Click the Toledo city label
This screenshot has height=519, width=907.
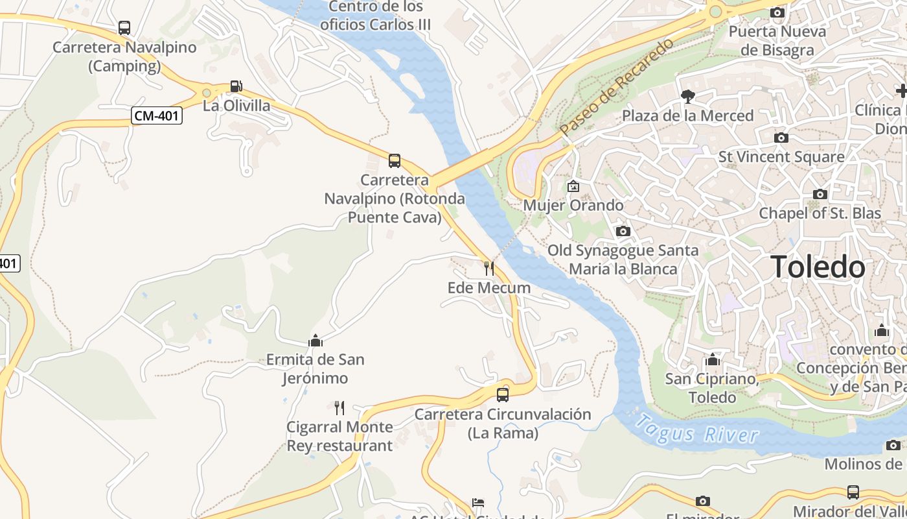coord(818,267)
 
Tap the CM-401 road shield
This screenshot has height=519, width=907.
coord(157,116)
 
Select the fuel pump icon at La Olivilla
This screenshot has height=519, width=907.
coord(236,86)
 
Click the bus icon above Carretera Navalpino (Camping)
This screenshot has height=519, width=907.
coord(124,28)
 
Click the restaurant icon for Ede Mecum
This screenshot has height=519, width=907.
coord(489,268)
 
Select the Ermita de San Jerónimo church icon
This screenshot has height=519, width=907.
coord(316,341)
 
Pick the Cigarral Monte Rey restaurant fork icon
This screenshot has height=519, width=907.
coord(339,408)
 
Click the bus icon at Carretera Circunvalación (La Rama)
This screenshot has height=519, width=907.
coord(503,394)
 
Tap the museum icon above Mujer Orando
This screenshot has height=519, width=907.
coord(573,186)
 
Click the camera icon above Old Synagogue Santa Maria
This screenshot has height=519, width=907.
coord(623,232)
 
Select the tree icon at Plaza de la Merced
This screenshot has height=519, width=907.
coord(687,97)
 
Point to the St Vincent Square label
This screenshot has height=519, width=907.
coord(781,157)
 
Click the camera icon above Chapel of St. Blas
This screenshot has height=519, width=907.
coord(820,194)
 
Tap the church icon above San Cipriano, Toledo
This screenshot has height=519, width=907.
coord(713,359)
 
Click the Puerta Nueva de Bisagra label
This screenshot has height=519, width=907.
coord(777,40)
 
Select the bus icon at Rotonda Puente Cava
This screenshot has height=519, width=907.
coord(394,161)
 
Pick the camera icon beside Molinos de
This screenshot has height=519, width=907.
coord(893,445)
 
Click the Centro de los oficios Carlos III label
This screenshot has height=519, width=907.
coord(376,16)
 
